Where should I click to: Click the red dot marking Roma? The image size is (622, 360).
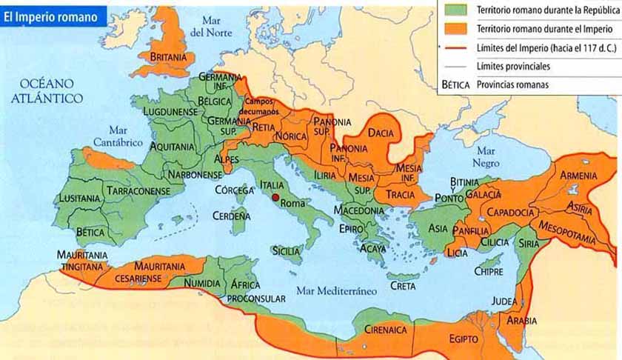(x=275, y=198)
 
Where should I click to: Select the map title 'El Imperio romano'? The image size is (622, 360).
(x=50, y=16)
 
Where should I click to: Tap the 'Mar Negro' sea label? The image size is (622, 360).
(x=486, y=157)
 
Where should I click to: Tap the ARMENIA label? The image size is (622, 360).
(x=578, y=176)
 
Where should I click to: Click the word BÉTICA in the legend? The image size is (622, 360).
(x=455, y=84)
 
